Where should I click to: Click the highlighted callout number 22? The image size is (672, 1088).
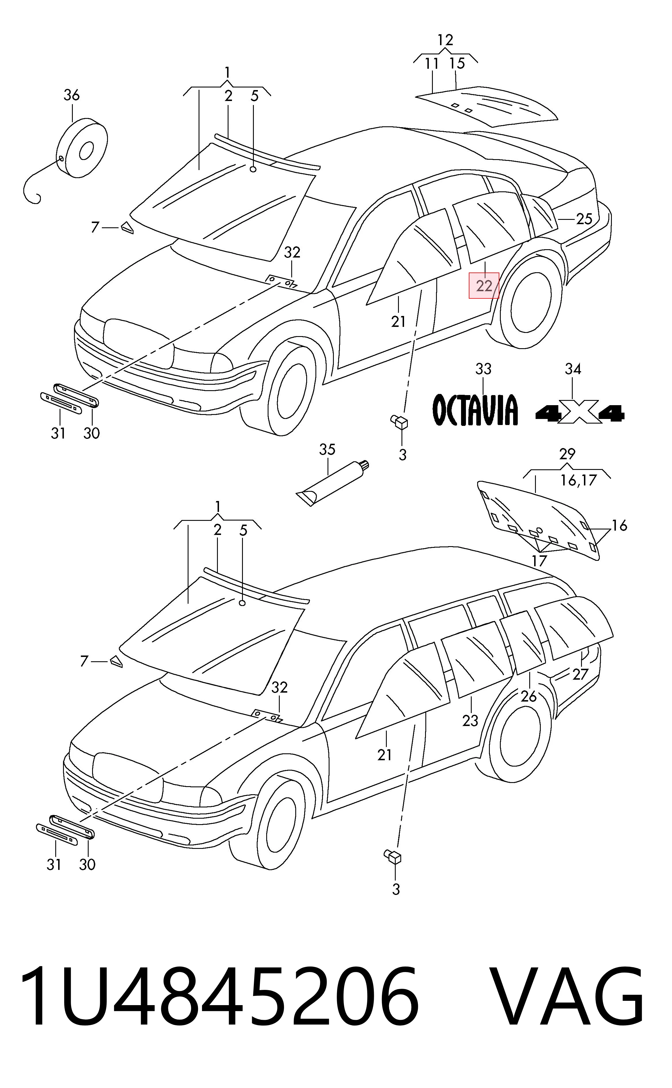point(484,286)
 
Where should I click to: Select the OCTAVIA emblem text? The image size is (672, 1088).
point(475,409)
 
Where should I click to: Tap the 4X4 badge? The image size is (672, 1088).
point(580,414)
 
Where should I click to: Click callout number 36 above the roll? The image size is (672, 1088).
point(72,95)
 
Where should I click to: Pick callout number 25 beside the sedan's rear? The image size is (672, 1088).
point(584,219)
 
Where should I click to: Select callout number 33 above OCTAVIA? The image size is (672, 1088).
point(483,369)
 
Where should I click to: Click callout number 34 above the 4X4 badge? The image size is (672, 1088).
point(573,369)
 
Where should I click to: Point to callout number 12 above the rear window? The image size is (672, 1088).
point(445,40)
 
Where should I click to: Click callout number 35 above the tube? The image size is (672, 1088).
point(327,449)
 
